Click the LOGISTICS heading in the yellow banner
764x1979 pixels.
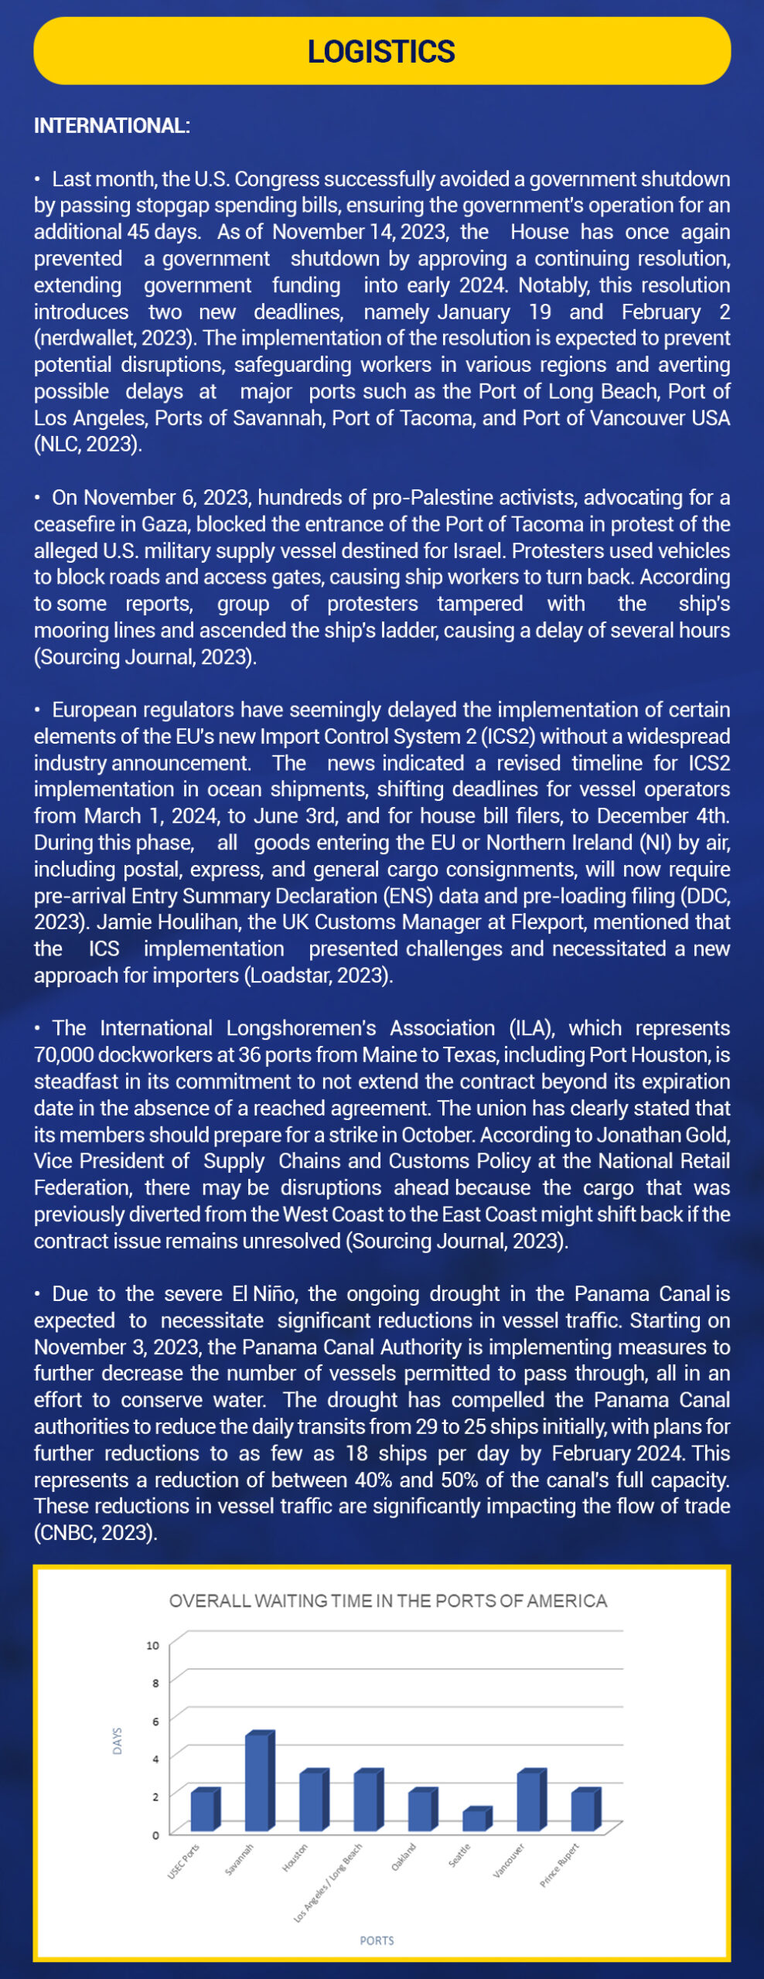381,52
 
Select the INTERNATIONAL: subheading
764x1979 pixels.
112,126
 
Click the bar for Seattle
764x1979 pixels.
476,1821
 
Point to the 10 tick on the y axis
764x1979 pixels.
153,1645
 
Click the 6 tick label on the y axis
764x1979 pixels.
155,1721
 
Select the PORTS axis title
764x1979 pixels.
377,1940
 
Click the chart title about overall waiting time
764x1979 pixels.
388,1601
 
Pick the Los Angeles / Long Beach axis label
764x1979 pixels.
329,1882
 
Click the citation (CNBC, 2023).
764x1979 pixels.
95,1533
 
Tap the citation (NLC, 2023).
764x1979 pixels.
87,445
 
